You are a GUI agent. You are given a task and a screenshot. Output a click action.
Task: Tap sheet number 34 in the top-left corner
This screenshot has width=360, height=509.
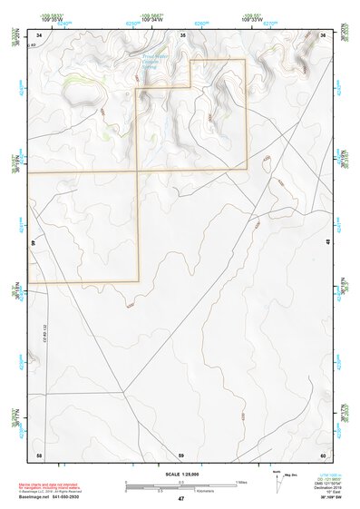39,34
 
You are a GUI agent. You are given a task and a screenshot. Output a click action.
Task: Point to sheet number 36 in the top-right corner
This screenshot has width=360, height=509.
323,34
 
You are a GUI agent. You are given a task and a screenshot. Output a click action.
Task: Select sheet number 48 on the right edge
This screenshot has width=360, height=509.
326,242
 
